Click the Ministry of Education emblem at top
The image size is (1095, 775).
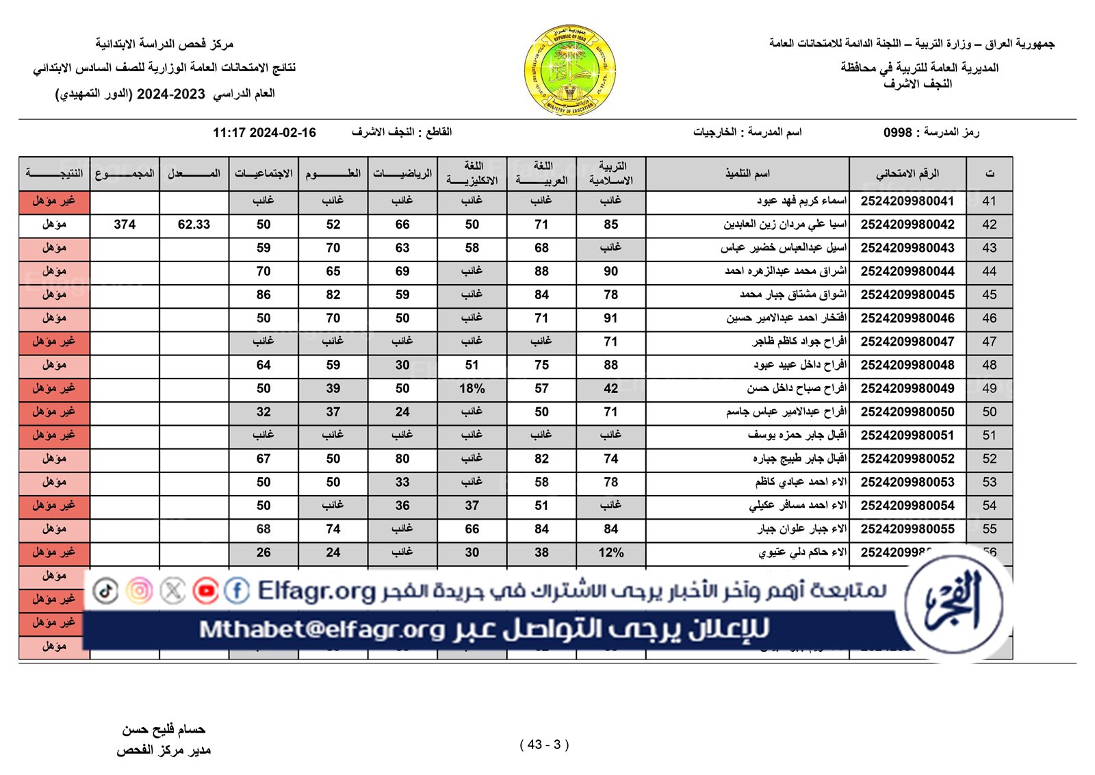click(x=569, y=71)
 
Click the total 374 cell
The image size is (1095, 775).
click(x=125, y=225)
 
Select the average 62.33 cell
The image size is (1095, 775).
click(x=194, y=225)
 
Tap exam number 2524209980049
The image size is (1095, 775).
click(x=907, y=389)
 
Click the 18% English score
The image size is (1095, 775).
click(x=472, y=389)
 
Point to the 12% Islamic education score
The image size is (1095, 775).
click(x=610, y=552)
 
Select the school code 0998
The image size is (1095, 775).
click(x=897, y=132)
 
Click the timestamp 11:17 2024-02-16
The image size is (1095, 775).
click(x=264, y=133)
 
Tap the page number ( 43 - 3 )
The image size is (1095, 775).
click(x=544, y=745)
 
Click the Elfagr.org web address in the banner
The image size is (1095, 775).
click(x=317, y=591)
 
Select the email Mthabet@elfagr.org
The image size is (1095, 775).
click(x=322, y=629)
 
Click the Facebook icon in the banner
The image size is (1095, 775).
click(x=237, y=590)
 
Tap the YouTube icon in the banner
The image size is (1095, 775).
click(x=205, y=590)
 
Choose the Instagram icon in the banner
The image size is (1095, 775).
click(x=140, y=590)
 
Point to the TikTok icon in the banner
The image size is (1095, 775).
click(x=105, y=590)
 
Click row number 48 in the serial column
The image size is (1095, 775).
click(x=989, y=366)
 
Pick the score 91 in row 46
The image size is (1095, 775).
click(x=610, y=318)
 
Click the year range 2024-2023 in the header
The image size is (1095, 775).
click(x=170, y=94)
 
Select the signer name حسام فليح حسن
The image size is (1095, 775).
click(x=164, y=730)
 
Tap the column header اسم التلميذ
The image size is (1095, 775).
click(x=747, y=174)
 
